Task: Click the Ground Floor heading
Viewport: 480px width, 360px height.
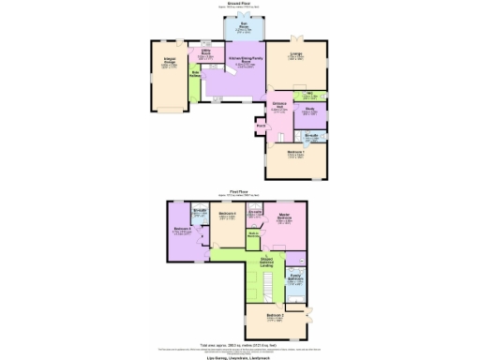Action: [240, 4]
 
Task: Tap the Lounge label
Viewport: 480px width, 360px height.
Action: [296, 55]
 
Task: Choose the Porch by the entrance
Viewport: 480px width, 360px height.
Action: [261, 124]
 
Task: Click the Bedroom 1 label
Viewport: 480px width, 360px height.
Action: [295, 153]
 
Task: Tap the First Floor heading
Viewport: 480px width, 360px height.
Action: [240, 191]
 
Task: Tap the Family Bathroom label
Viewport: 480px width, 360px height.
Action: [294, 277]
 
